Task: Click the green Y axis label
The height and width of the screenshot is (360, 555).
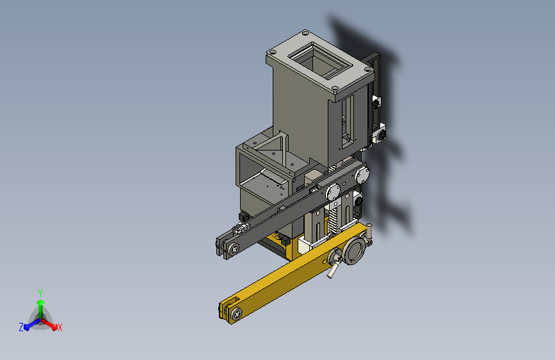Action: [x=40, y=293]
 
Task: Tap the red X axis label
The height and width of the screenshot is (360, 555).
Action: [x=60, y=328]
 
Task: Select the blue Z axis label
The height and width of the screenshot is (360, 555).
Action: [x=21, y=327]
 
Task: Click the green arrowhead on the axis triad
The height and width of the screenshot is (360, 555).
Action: [x=40, y=302]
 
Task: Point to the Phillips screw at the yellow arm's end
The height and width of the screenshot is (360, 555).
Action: [x=236, y=314]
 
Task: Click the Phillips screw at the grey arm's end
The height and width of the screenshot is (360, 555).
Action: [x=233, y=249]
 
